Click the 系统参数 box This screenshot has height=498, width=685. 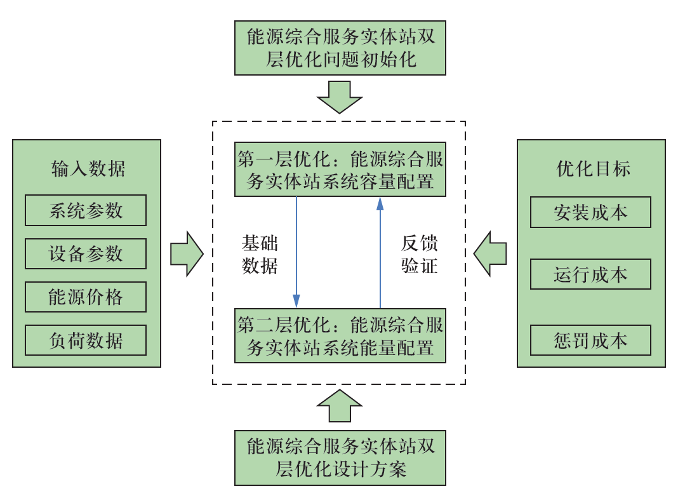86,211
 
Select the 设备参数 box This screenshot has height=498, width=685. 86,254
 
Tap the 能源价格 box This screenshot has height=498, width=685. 86,297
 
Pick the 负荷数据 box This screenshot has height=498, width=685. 86,340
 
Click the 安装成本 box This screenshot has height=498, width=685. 590,212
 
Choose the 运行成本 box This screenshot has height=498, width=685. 590,274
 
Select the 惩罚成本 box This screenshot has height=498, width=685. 590,340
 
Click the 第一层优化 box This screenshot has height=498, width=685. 341,170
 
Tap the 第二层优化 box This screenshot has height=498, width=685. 341,336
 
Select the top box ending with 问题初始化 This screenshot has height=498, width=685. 341,48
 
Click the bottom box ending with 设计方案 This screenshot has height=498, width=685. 341,458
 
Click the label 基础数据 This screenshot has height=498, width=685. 260,254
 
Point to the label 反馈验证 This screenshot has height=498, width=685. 420,254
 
